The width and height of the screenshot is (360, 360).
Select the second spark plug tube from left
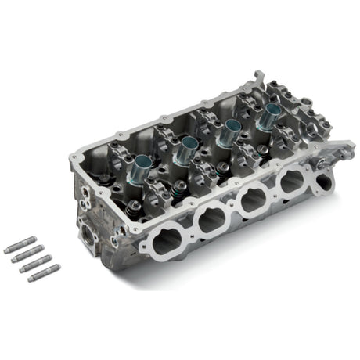coord(189,147)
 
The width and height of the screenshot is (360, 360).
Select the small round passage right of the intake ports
coord(322,174)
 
